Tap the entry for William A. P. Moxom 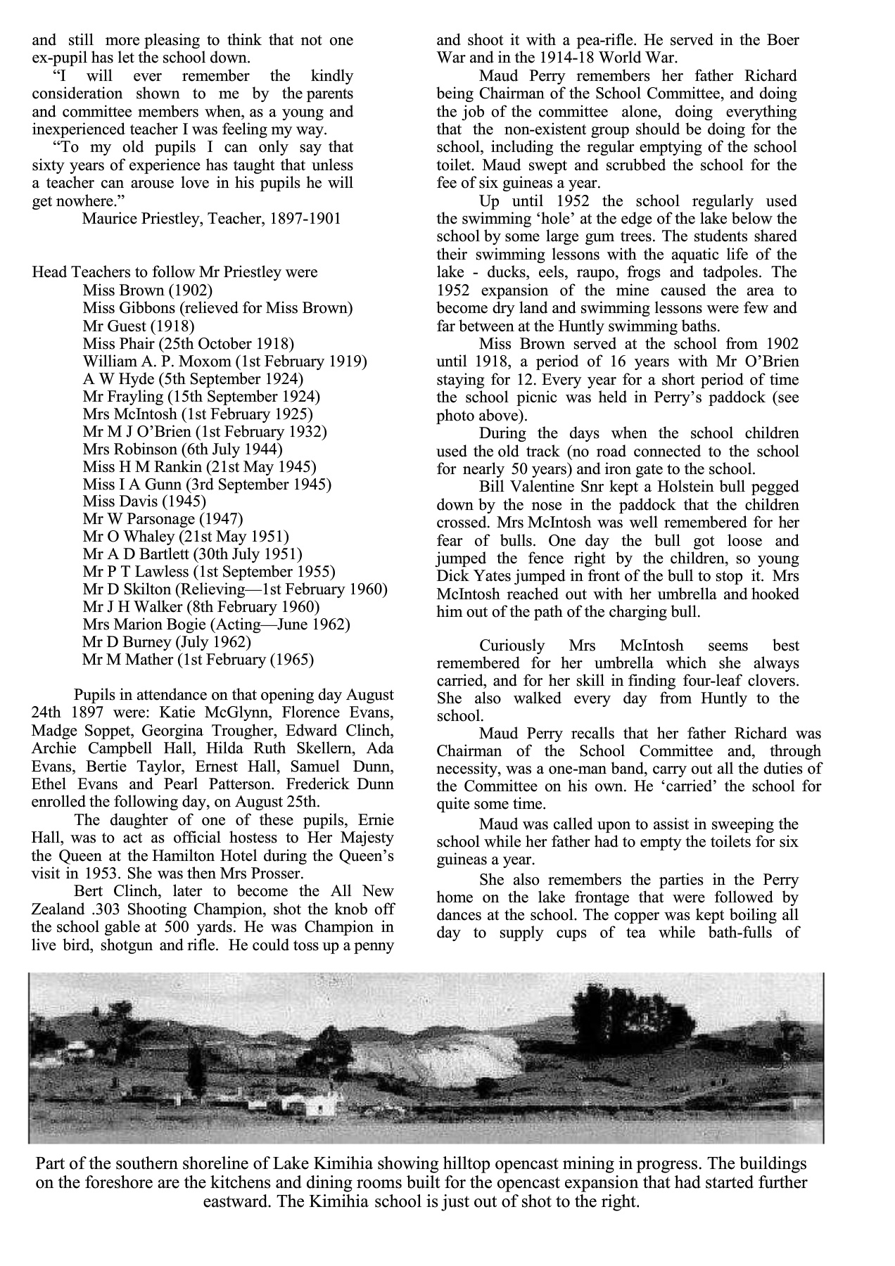pos(224,362)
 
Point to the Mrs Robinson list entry pos(182,449)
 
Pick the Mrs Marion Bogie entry pos(216,625)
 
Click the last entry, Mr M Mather pos(198,660)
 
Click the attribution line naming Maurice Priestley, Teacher pos(211,218)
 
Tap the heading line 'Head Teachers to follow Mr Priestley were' pos(174,272)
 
